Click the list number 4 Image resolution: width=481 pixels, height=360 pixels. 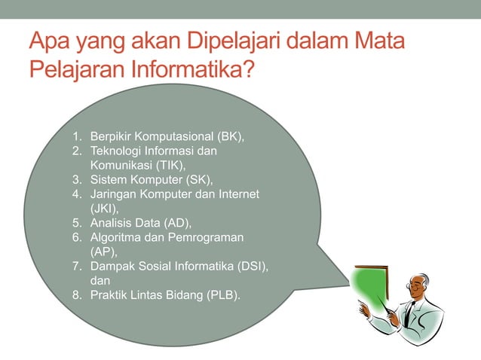76,194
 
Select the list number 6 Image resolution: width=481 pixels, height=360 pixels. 76,237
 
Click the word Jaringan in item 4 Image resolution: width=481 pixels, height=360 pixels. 112,194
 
